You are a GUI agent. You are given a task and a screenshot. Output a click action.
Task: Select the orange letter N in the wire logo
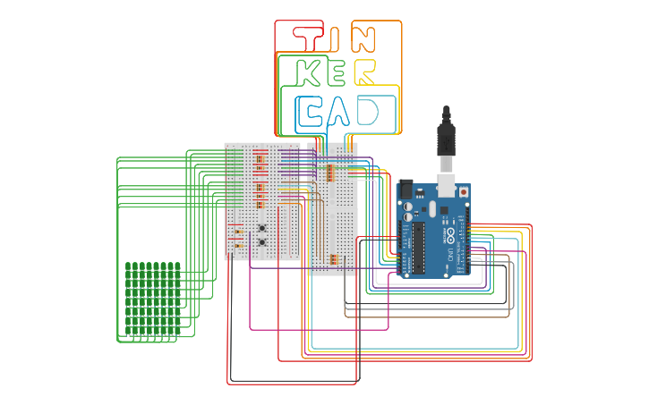click(364, 38)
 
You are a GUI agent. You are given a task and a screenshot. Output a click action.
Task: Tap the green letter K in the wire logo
click(310, 73)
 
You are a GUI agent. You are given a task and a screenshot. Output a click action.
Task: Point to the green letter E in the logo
click(337, 73)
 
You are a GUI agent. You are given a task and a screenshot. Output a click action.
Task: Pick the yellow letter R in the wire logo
click(365, 73)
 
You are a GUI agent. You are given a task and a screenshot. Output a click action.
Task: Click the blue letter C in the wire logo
click(311, 112)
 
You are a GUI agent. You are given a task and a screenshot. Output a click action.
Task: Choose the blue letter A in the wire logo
click(339, 113)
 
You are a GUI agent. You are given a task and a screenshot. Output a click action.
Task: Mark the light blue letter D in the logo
click(368, 112)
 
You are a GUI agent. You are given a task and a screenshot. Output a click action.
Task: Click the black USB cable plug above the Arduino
click(447, 139)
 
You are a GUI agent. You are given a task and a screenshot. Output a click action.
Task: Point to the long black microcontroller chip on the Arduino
click(418, 246)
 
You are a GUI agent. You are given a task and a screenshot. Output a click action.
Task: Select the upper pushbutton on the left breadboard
click(261, 227)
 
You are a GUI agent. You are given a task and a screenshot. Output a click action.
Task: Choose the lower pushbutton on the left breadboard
click(261, 242)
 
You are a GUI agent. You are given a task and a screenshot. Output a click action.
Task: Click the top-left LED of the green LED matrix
click(129, 266)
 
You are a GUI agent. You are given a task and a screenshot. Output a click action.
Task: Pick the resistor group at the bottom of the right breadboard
click(333, 260)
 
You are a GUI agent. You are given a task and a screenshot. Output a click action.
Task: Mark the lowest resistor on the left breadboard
click(239, 246)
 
